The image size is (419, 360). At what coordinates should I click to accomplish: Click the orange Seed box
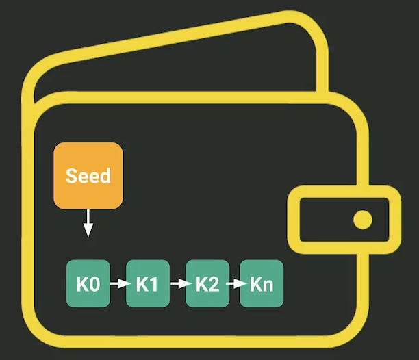(x=88, y=175)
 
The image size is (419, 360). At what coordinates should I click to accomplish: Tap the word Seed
(x=88, y=176)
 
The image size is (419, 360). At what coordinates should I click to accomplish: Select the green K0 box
(x=88, y=283)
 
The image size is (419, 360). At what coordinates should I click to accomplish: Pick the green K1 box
(x=148, y=283)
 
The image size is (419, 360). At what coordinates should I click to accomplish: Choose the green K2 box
(x=207, y=283)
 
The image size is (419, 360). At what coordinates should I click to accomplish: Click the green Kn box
(x=262, y=283)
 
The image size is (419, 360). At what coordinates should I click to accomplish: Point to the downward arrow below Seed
(x=88, y=223)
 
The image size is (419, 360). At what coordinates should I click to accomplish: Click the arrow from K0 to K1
(x=120, y=283)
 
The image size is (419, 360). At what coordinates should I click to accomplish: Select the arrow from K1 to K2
(x=181, y=283)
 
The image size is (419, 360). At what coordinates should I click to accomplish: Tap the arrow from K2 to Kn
(x=236, y=283)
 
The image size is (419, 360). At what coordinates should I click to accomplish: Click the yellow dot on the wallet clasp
(x=363, y=220)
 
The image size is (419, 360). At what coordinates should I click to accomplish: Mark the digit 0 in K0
(x=94, y=284)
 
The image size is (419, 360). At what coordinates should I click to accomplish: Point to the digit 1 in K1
(x=153, y=284)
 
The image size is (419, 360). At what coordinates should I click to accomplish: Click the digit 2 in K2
(x=214, y=284)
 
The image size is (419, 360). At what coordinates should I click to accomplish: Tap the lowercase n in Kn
(x=268, y=286)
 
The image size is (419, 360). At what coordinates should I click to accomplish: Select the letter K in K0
(x=82, y=284)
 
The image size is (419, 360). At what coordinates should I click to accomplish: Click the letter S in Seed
(x=71, y=176)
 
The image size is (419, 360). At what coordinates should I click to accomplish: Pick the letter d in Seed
(x=106, y=176)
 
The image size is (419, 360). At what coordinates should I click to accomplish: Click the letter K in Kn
(x=256, y=284)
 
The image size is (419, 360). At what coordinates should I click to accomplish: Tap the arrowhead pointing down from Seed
(x=88, y=230)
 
